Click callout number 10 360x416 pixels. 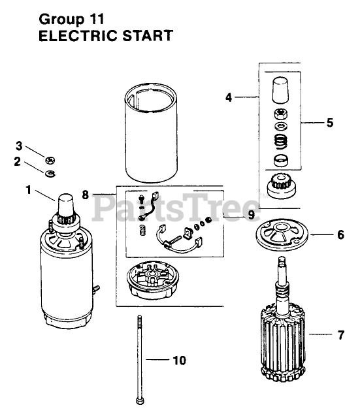pyautogui.click(x=180, y=360)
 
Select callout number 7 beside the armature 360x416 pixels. pyautogui.click(x=341, y=335)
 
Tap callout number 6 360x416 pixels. pyautogui.click(x=340, y=235)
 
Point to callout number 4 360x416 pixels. pyautogui.click(x=229, y=97)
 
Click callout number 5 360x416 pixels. pyautogui.click(x=330, y=123)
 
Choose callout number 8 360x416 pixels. pyautogui.click(x=85, y=195)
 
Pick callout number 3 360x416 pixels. pyautogui.click(x=19, y=146)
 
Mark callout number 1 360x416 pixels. pyautogui.click(x=28, y=189)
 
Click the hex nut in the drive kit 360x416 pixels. pyautogui.click(x=280, y=115)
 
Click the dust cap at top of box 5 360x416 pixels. pyautogui.click(x=280, y=90)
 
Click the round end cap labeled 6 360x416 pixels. pyautogui.click(x=282, y=234)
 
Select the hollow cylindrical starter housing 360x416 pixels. pyautogui.click(x=151, y=133)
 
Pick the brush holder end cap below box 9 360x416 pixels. pyautogui.click(x=153, y=280)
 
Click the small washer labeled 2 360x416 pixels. pyautogui.click(x=50, y=174)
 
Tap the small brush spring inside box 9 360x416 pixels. pyautogui.click(x=143, y=229)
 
